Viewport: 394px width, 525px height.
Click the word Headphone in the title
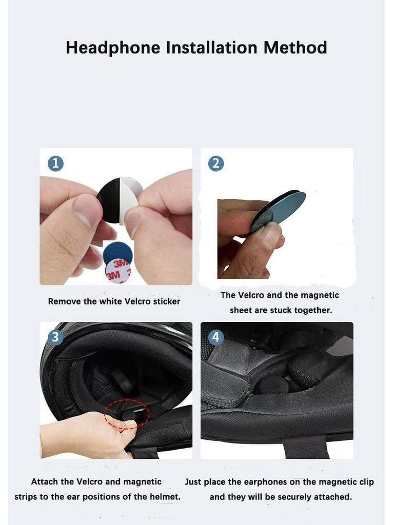[113, 48]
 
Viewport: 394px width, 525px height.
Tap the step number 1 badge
[55, 164]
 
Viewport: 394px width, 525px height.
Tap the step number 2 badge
[215, 164]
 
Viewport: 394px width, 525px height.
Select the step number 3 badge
[55, 337]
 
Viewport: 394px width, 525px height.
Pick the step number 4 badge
[215, 337]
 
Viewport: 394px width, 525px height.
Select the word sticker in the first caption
[166, 301]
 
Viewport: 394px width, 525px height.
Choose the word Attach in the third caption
[45, 481]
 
